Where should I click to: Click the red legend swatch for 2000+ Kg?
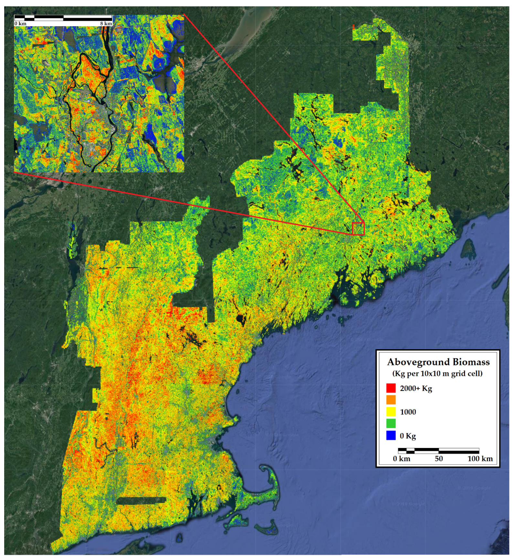coord(391,388)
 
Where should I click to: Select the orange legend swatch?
coord(391,400)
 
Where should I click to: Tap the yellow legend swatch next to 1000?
coord(391,412)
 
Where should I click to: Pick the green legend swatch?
coord(391,423)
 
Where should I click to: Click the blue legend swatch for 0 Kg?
coord(391,435)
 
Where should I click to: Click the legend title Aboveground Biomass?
coord(438,362)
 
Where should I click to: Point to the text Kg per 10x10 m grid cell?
coord(437,374)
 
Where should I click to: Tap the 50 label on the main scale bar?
coord(438,459)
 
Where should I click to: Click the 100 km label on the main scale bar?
coord(480,459)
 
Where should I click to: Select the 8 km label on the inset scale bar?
coord(106,24)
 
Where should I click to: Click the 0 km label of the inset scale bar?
coord(20,24)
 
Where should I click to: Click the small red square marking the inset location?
coord(358,229)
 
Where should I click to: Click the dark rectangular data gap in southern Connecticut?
coord(141,501)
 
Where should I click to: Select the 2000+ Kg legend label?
coord(416,388)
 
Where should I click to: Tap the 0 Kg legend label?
coord(408,436)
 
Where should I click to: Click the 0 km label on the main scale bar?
coord(401,459)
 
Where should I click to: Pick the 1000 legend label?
coord(408,412)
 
